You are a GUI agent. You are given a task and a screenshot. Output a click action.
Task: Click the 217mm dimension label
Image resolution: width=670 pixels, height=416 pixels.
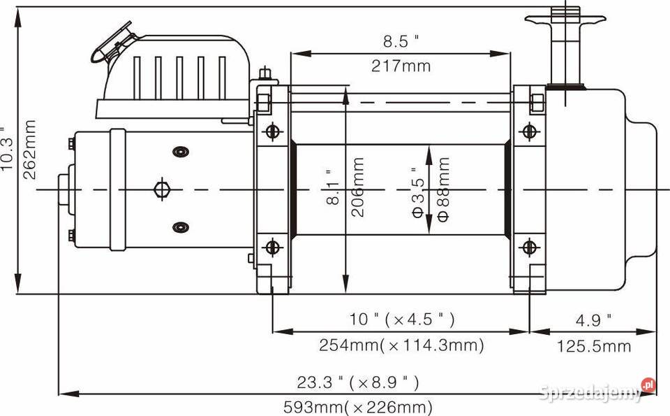pos(401,66)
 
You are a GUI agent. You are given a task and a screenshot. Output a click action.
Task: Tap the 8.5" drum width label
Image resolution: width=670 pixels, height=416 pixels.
pos(401,41)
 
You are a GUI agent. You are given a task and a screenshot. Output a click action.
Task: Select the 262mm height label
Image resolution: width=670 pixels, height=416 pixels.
pos(29,150)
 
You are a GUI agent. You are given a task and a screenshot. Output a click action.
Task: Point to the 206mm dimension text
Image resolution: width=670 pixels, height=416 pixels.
pos(357,187)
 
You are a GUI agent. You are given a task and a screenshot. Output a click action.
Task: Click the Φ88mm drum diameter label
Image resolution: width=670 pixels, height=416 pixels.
pos(444,189)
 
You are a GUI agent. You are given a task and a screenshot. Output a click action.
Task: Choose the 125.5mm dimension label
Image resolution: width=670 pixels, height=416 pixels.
pos(593,346)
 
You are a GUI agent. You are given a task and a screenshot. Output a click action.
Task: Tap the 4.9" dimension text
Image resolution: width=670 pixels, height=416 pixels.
pos(593,320)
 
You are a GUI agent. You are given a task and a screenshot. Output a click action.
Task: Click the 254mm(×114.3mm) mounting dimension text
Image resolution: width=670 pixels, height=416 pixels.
pos(401,345)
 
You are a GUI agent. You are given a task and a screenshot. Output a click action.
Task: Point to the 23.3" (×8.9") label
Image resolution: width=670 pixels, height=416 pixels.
pos(358,382)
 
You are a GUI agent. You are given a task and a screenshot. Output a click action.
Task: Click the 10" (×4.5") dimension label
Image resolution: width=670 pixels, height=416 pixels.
pos(402,319)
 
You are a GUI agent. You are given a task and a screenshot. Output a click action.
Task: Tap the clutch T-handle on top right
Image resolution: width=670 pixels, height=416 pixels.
pos(565,47)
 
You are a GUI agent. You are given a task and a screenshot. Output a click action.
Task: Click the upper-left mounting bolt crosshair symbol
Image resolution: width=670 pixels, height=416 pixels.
pos(273,131)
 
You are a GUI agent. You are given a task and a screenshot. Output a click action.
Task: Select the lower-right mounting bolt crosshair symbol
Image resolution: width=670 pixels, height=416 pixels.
pos(530,248)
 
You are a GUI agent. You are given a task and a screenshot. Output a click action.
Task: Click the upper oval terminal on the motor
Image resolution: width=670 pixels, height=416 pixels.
pos(181,152)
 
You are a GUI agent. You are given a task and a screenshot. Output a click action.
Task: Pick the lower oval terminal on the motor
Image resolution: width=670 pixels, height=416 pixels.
pos(181,227)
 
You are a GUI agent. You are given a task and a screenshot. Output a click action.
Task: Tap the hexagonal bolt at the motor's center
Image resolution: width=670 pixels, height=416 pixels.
pos(162,189)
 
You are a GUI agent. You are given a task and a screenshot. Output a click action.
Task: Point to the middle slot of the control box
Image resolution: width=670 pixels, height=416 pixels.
pos(179,78)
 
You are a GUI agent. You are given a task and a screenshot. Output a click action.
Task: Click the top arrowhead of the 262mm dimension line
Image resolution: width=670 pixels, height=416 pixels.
pos(17,17)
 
